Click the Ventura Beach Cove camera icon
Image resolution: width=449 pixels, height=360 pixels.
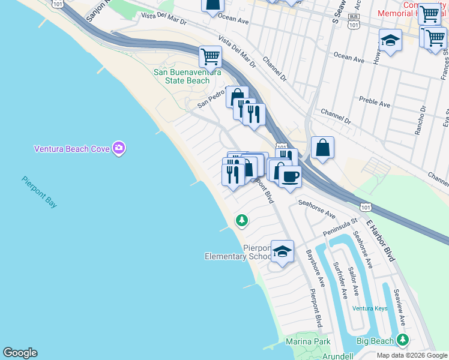[x=119, y=148]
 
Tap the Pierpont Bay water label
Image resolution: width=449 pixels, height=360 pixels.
[x=40, y=191]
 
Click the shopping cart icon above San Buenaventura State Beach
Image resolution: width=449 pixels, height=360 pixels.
[x=210, y=57]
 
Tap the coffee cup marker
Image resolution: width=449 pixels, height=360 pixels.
[x=290, y=176]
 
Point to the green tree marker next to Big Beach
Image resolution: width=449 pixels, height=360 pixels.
[x=402, y=340]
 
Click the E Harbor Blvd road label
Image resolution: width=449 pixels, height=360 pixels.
[x=381, y=240]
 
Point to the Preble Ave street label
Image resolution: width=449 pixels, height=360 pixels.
[x=374, y=102]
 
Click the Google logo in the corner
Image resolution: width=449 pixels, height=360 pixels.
[x=20, y=353]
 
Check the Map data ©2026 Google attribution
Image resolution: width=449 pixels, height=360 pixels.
[x=411, y=355]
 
